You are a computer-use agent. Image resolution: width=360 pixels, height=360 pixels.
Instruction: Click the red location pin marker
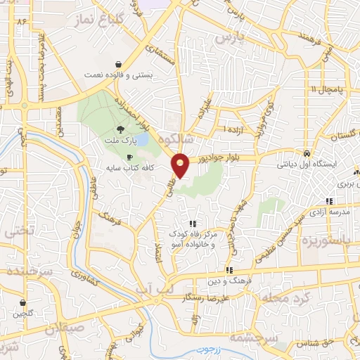[181, 165]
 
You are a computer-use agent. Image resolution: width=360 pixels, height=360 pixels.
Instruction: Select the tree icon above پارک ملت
[120, 129]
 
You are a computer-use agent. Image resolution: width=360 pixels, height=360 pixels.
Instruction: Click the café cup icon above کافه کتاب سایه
[129, 157]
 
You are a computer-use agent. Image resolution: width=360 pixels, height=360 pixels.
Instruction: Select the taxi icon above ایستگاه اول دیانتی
[307, 153]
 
